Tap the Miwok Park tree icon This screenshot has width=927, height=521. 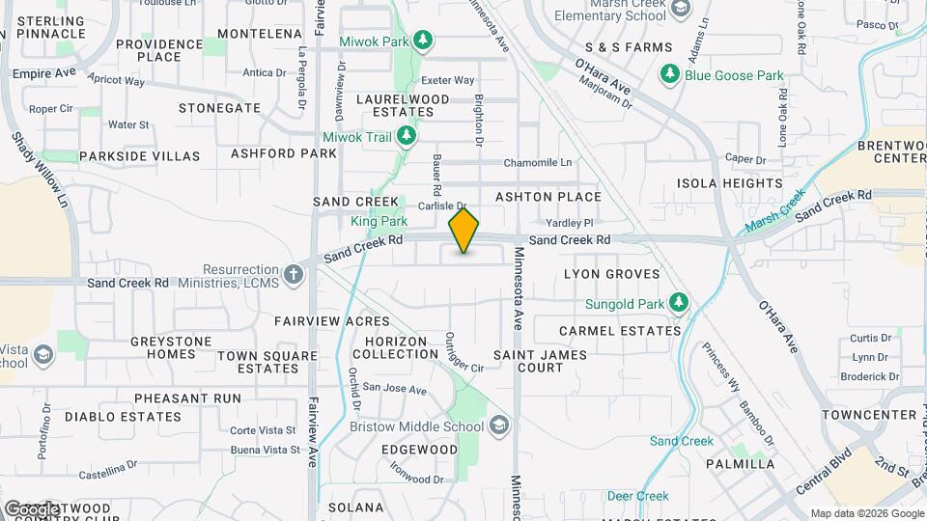point(422,41)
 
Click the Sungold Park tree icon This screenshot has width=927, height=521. point(680,304)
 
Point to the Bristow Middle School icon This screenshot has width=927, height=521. point(498,425)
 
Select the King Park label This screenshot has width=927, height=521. point(379,221)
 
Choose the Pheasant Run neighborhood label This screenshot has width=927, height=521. point(187,398)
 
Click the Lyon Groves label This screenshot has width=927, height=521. point(611,274)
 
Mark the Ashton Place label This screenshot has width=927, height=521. point(548,197)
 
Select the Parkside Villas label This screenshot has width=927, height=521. point(140,155)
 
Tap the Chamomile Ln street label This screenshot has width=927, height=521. point(538,162)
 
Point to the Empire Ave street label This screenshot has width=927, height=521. point(43,72)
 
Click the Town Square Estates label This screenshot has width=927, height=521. point(267,361)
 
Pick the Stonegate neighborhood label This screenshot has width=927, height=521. point(219,108)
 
